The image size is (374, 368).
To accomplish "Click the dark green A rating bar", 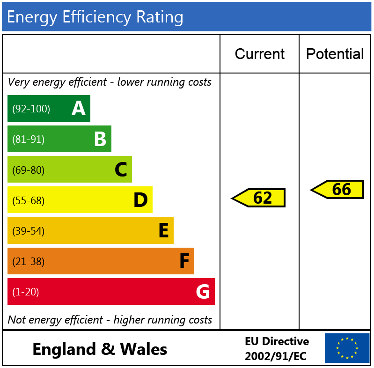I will click(49, 109).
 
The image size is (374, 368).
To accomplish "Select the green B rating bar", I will click(59, 139).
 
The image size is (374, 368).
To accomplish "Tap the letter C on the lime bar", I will click(121, 169).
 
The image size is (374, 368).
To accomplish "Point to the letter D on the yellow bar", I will click(140, 200).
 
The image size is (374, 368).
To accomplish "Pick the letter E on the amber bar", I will click(163, 231).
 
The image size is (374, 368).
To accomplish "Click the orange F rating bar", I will click(101, 261).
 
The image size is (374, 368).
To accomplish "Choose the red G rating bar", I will click(111, 292).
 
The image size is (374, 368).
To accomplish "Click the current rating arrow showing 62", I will click(259, 198).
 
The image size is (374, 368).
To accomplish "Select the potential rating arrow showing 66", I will click(337, 189).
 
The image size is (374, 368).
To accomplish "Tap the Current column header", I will click(259, 54).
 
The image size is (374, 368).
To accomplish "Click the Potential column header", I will click(335, 54).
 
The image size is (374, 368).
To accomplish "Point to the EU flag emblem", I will click(347, 348).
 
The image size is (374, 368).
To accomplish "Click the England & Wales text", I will click(100, 349).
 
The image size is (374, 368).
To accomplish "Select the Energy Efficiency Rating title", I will click(95, 17).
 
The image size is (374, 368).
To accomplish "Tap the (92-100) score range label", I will click(31, 109).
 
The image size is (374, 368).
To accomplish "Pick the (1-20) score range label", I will click(25, 292).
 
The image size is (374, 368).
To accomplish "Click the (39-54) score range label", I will click(28, 231).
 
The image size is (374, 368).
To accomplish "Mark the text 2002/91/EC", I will click(275, 356).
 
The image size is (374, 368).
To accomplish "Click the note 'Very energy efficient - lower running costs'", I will click(110, 82).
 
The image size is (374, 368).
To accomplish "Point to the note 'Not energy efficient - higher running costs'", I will click(110, 320).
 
